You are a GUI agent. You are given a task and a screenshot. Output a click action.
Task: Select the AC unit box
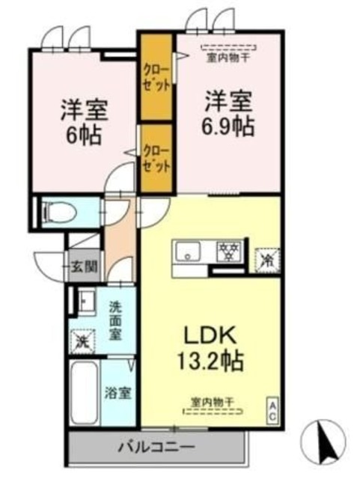click(x=273, y=410)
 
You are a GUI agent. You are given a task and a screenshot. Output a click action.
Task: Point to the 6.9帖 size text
click(x=230, y=124)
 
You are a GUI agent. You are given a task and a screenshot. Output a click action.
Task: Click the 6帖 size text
click(x=83, y=135)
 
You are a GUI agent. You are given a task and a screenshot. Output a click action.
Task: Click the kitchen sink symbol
click(x=187, y=252)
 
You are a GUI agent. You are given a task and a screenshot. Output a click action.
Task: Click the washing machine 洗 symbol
click(x=82, y=341)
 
